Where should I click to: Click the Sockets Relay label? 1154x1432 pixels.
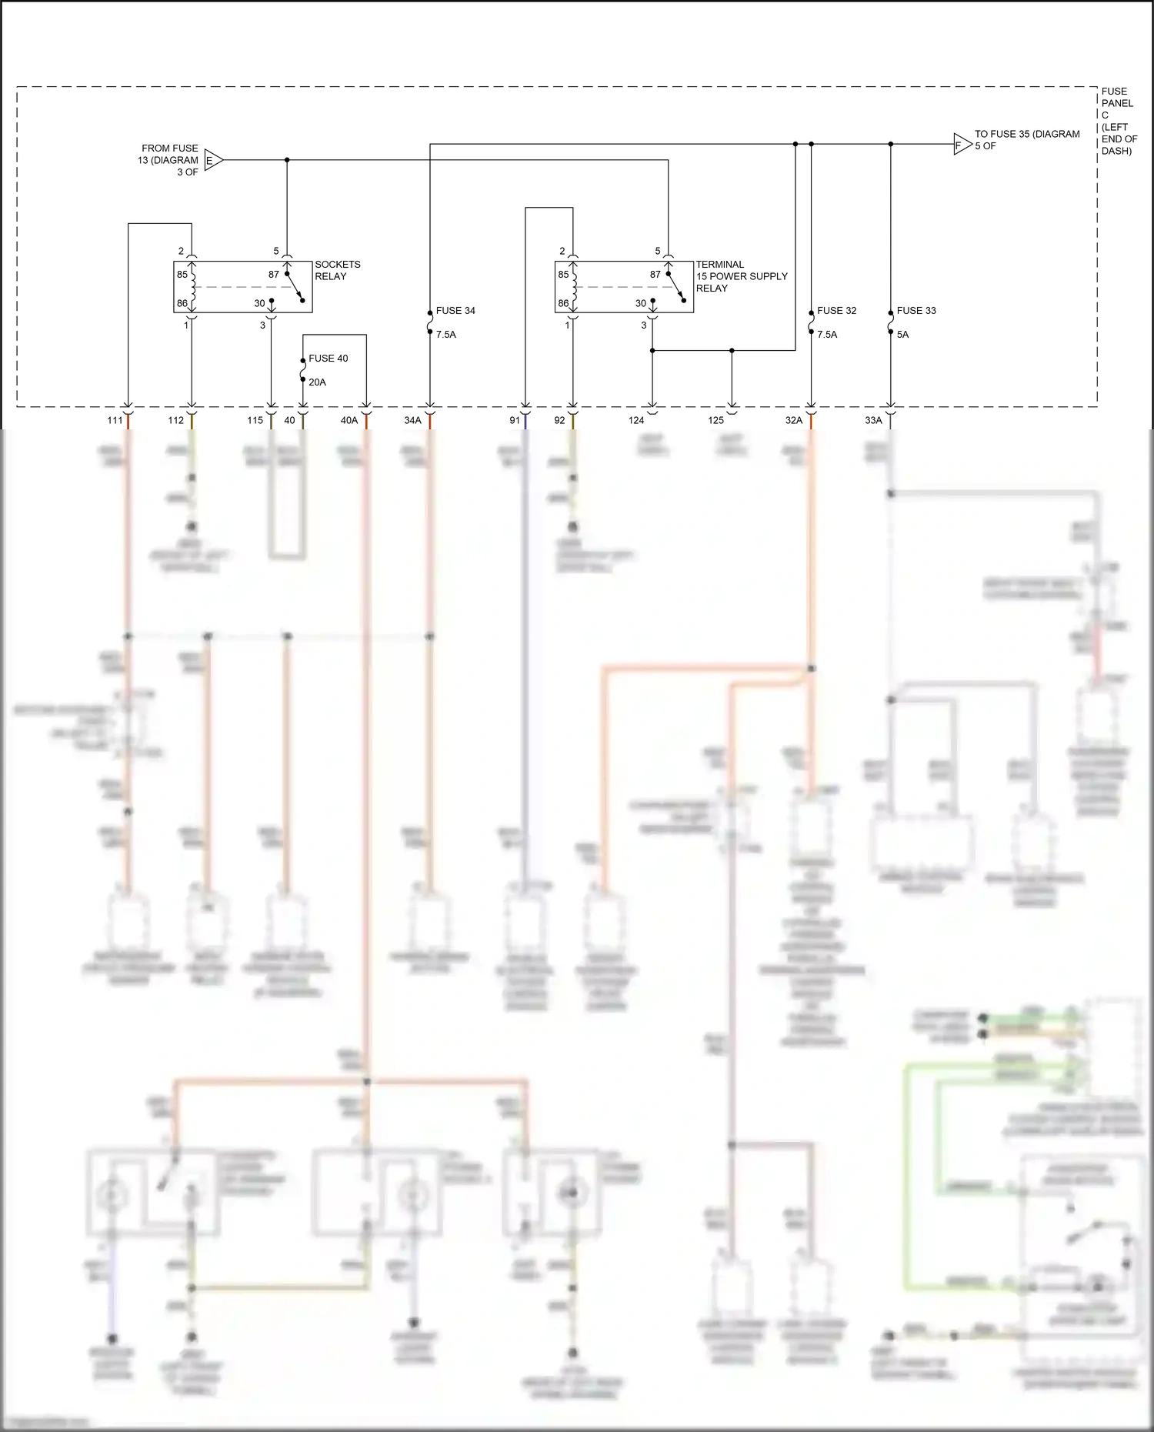pos(337,270)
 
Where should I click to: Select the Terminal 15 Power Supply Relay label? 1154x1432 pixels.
pos(741,276)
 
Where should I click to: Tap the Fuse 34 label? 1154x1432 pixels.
pos(455,311)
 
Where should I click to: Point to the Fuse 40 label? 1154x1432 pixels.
pos(329,359)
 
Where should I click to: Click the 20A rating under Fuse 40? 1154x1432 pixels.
pos(317,382)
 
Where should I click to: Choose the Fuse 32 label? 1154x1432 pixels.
pos(836,311)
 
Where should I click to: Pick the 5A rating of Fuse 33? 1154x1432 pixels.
pos(902,335)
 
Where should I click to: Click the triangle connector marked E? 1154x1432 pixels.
pos(213,160)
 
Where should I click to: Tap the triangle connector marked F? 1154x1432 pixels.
pos(962,144)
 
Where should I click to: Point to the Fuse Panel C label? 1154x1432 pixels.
pos(1118,121)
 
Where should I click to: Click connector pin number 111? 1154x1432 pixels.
pos(115,420)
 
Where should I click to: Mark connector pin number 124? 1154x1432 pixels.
pos(635,420)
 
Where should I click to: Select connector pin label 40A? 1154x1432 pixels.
pos(349,420)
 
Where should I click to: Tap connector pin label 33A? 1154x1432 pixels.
pos(873,420)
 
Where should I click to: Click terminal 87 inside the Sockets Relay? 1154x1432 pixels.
pos(274,275)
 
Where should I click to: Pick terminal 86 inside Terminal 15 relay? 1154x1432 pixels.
pos(563,303)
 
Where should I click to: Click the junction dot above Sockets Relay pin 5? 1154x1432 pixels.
pos(287,160)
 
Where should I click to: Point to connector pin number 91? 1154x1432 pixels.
pos(515,420)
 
